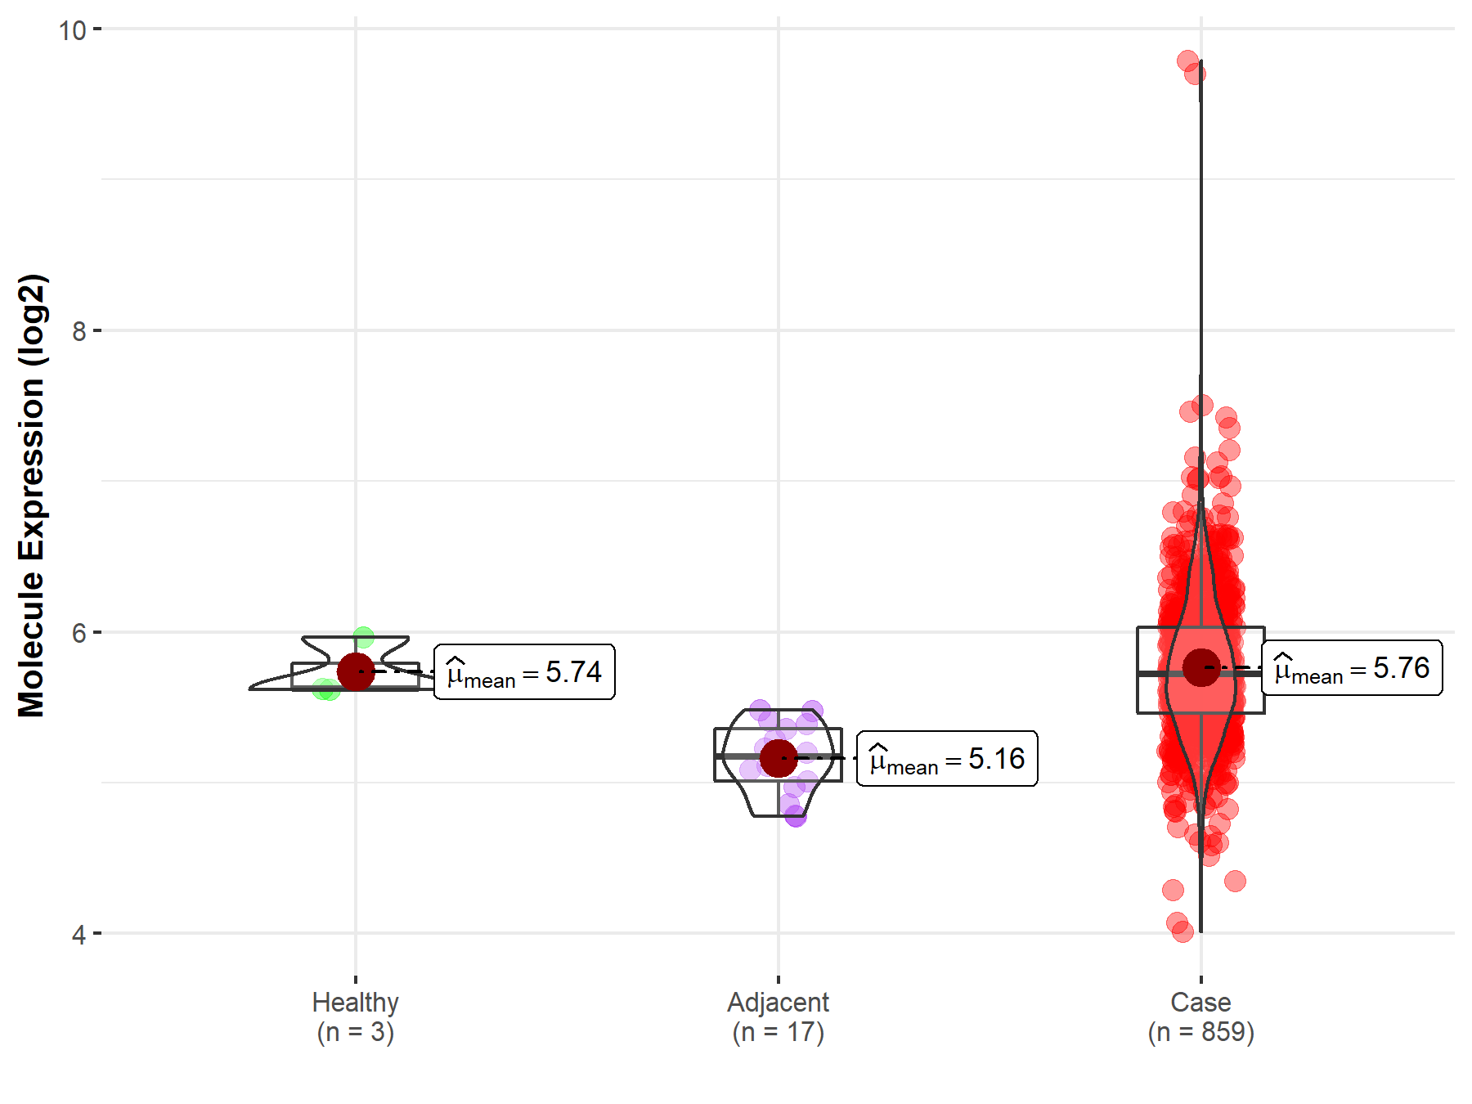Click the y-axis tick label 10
tap(72, 30)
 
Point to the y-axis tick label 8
tap(79, 331)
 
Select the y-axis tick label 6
tap(79, 633)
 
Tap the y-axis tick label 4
tap(79, 934)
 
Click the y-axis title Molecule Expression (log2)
tap(31, 496)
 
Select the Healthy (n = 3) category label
tap(356, 1016)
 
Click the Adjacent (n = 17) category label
tap(778, 1016)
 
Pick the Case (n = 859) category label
tap(1200, 1016)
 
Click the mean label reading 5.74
tap(524, 672)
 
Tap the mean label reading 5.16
tap(947, 759)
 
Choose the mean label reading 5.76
tap(1352, 668)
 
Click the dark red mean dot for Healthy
tap(356, 671)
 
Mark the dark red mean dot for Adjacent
tap(778, 758)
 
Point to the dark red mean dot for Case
tap(1200, 667)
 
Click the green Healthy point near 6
tap(364, 637)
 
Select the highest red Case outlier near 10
tap(1187, 61)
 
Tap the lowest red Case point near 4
tap(1183, 931)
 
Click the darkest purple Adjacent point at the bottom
tap(796, 816)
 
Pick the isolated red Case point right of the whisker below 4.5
tap(1235, 881)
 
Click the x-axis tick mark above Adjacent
tap(778, 979)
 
